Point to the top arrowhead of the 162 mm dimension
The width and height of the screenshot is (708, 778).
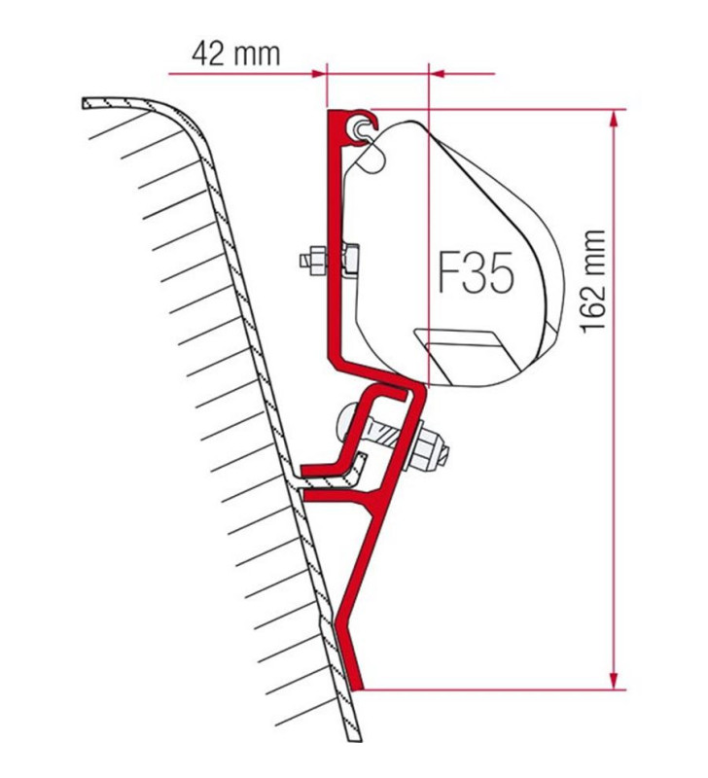click(613, 119)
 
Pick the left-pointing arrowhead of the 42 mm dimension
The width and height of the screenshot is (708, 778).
click(437, 72)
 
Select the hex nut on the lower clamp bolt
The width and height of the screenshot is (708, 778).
click(431, 448)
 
